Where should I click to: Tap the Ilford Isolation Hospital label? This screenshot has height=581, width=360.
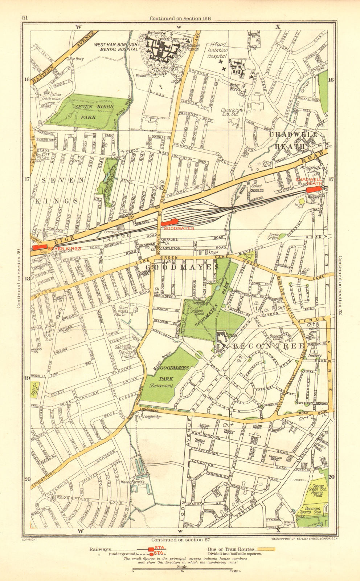tap(218, 51)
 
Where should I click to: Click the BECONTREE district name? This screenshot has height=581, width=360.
tap(268, 346)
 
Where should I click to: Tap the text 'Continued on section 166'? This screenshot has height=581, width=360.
tap(180, 18)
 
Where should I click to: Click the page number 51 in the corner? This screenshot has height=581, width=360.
tap(25, 18)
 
